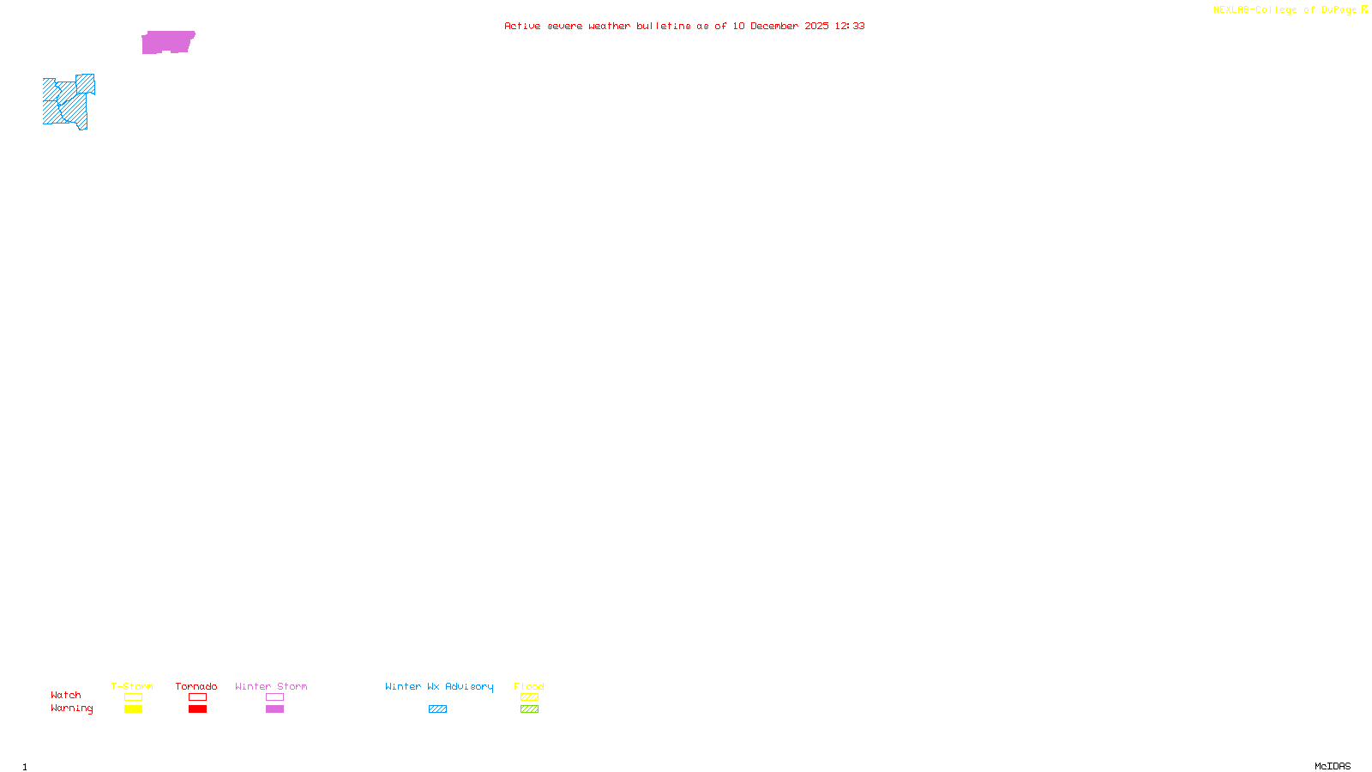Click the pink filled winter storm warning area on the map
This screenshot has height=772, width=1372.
pyautogui.click(x=168, y=41)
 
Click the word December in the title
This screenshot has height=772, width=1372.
pyautogui.click(x=774, y=27)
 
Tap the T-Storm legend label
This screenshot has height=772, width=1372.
pyautogui.click(x=132, y=686)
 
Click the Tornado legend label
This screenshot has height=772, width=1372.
pyautogui.click(x=196, y=686)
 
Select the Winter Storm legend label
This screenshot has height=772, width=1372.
pyautogui.click(x=271, y=686)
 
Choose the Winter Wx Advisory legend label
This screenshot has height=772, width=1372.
pyautogui.click(x=439, y=686)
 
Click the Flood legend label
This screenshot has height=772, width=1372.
pyautogui.click(x=529, y=686)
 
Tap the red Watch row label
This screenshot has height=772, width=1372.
pyautogui.click(x=66, y=696)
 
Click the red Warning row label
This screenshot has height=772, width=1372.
pyautogui.click(x=72, y=709)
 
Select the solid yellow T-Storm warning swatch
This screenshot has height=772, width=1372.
pyautogui.click(x=133, y=709)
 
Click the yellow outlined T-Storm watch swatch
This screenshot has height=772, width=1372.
pyautogui.click(x=133, y=697)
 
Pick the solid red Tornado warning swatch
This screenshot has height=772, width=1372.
pyautogui.click(x=197, y=709)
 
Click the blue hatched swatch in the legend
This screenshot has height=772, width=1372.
pyautogui.click(x=437, y=709)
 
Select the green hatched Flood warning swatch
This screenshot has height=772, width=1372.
pyautogui.click(x=529, y=709)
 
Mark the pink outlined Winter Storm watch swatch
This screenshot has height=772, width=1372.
pyautogui.click(x=274, y=697)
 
